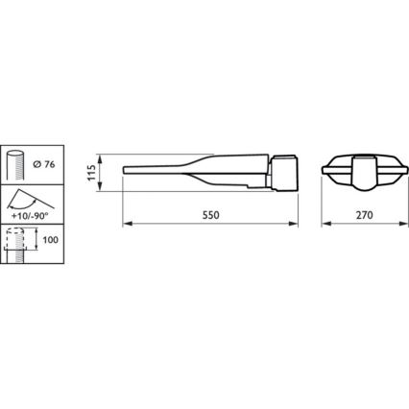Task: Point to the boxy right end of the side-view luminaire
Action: (287, 172)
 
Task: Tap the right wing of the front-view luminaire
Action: (389, 173)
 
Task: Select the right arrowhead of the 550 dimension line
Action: (299, 227)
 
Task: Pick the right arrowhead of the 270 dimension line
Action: (400, 227)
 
